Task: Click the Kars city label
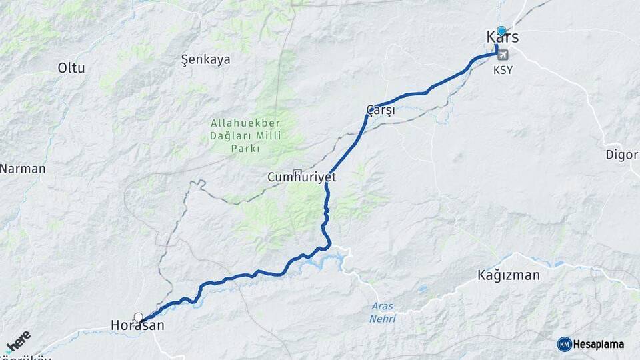pyautogui.click(x=503, y=38)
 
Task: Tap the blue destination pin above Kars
pyautogui.click(x=501, y=31)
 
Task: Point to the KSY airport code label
pyautogui.click(x=503, y=70)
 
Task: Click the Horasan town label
pyautogui.click(x=137, y=326)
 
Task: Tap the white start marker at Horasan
pyautogui.click(x=138, y=317)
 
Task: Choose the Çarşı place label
pyautogui.click(x=381, y=110)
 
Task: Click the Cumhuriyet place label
pyautogui.click(x=301, y=178)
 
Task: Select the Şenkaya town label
pyautogui.click(x=206, y=59)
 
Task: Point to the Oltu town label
pyautogui.click(x=71, y=67)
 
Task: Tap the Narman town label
pyautogui.click(x=22, y=169)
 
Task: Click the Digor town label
pyautogui.click(x=621, y=155)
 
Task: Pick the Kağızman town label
pyautogui.click(x=509, y=275)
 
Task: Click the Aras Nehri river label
pyautogui.click(x=382, y=312)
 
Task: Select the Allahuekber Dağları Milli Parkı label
pyautogui.click(x=245, y=136)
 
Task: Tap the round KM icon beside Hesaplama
pyautogui.click(x=564, y=344)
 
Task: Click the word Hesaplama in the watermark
pyautogui.click(x=599, y=344)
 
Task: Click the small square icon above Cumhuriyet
pyautogui.click(x=297, y=171)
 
